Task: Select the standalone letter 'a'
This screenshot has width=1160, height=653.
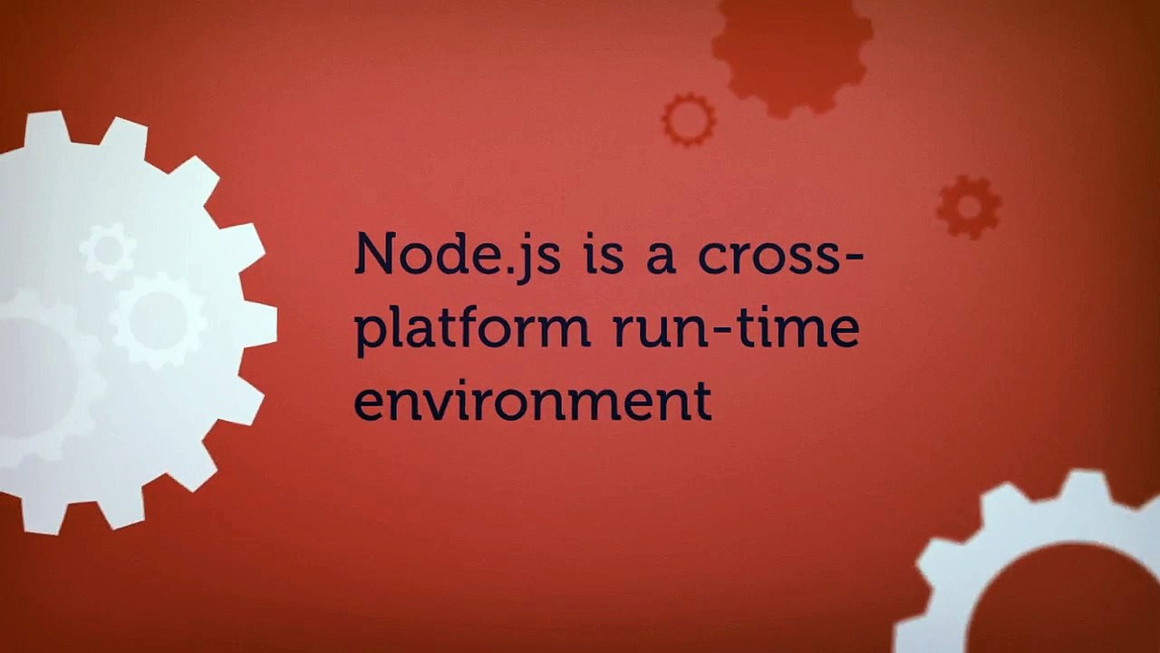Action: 660,258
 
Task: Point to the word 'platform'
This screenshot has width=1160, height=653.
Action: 471,328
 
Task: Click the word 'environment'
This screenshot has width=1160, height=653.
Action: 533,402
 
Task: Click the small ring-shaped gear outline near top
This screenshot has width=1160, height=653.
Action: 689,119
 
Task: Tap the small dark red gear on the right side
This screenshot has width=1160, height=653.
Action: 969,207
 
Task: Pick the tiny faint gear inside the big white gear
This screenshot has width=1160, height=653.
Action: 108,251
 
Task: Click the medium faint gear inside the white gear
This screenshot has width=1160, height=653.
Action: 159,319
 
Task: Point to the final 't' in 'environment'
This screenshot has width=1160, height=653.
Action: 701,402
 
